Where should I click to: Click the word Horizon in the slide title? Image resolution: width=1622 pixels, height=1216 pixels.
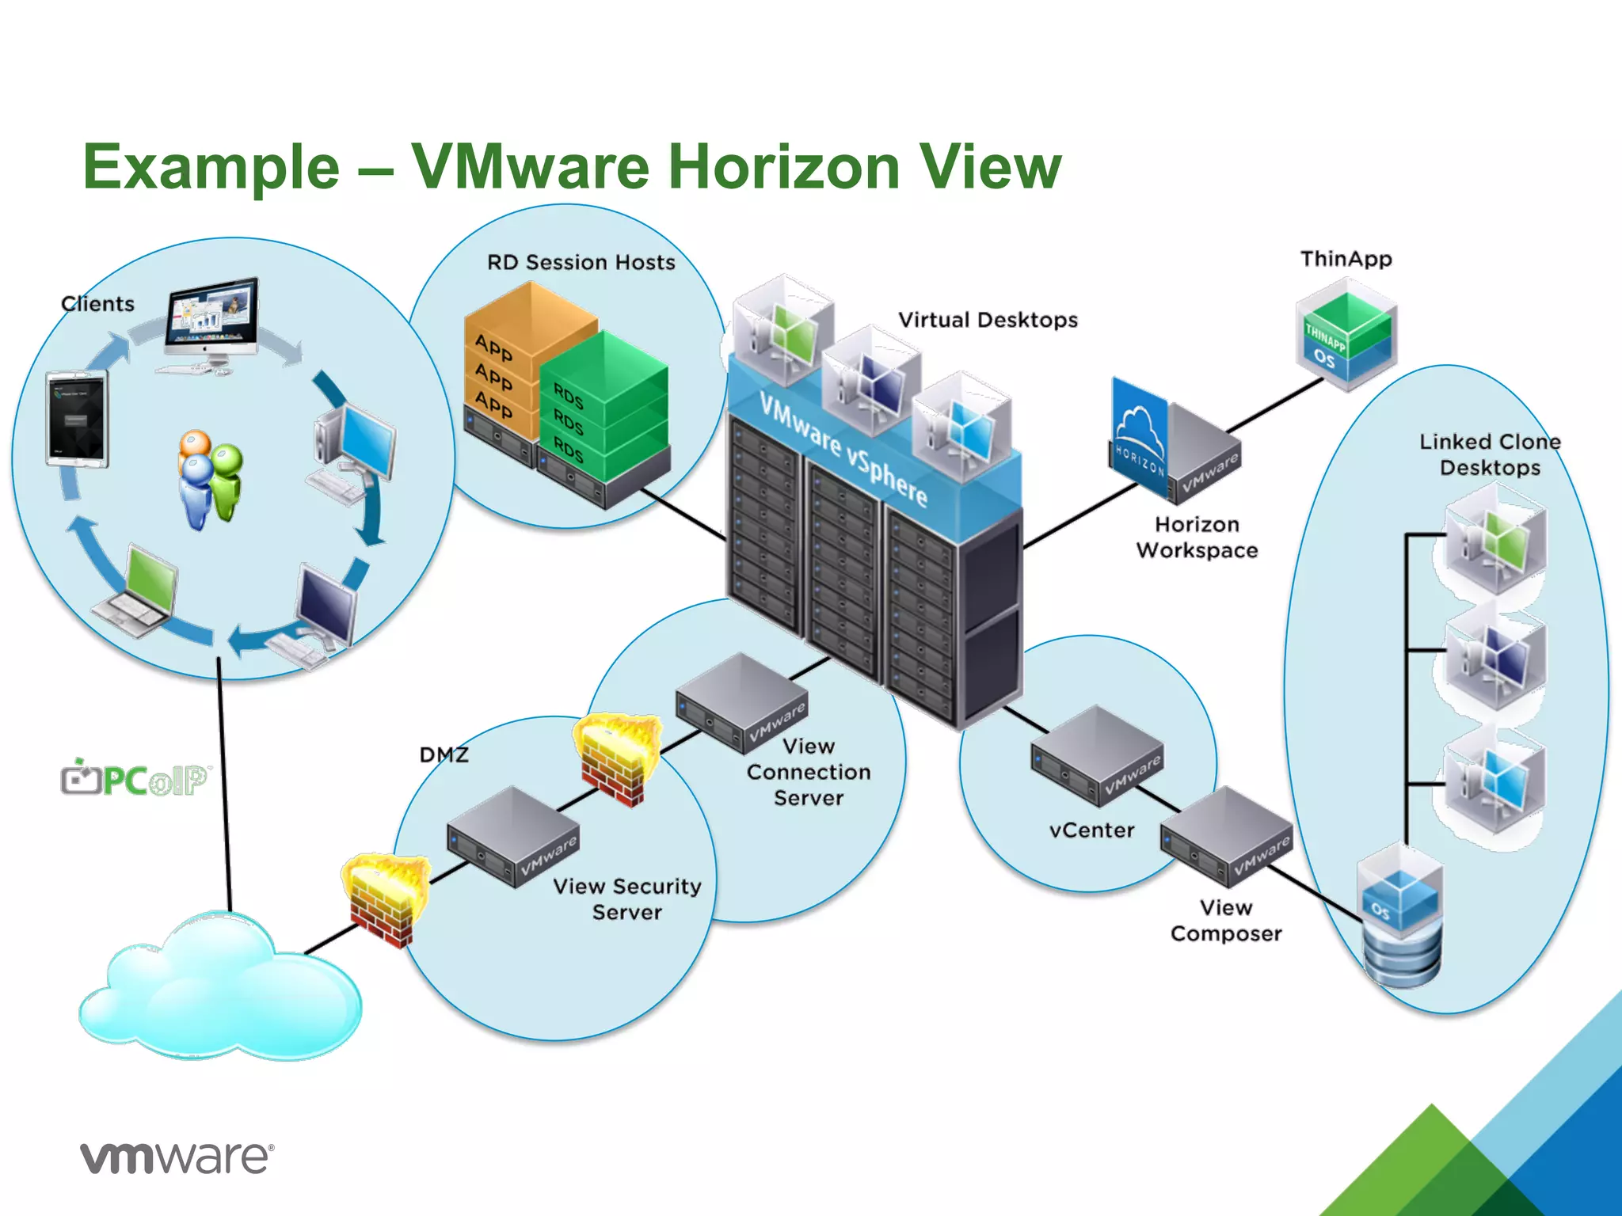tap(784, 167)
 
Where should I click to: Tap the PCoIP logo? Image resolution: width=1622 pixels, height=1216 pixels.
tap(135, 779)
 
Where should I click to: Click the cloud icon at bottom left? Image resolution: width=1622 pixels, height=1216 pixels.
tap(220, 990)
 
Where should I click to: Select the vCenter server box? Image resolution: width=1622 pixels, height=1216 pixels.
tap(1096, 755)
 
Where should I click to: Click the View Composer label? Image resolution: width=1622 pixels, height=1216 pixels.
tap(1225, 920)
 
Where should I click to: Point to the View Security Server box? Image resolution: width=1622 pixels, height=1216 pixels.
tap(512, 837)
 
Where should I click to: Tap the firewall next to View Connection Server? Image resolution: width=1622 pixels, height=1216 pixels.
tap(618, 758)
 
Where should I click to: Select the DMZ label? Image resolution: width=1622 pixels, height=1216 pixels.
tap(444, 754)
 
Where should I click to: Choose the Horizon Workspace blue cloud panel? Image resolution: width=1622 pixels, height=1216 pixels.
tap(1139, 436)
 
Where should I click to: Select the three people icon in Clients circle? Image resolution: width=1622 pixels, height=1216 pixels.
tap(210, 479)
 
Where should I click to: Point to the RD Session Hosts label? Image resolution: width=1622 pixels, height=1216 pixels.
tap(581, 262)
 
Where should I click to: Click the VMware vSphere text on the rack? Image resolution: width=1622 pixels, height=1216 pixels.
tap(843, 447)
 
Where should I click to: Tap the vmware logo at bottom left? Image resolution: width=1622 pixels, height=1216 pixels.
tap(177, 1158)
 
